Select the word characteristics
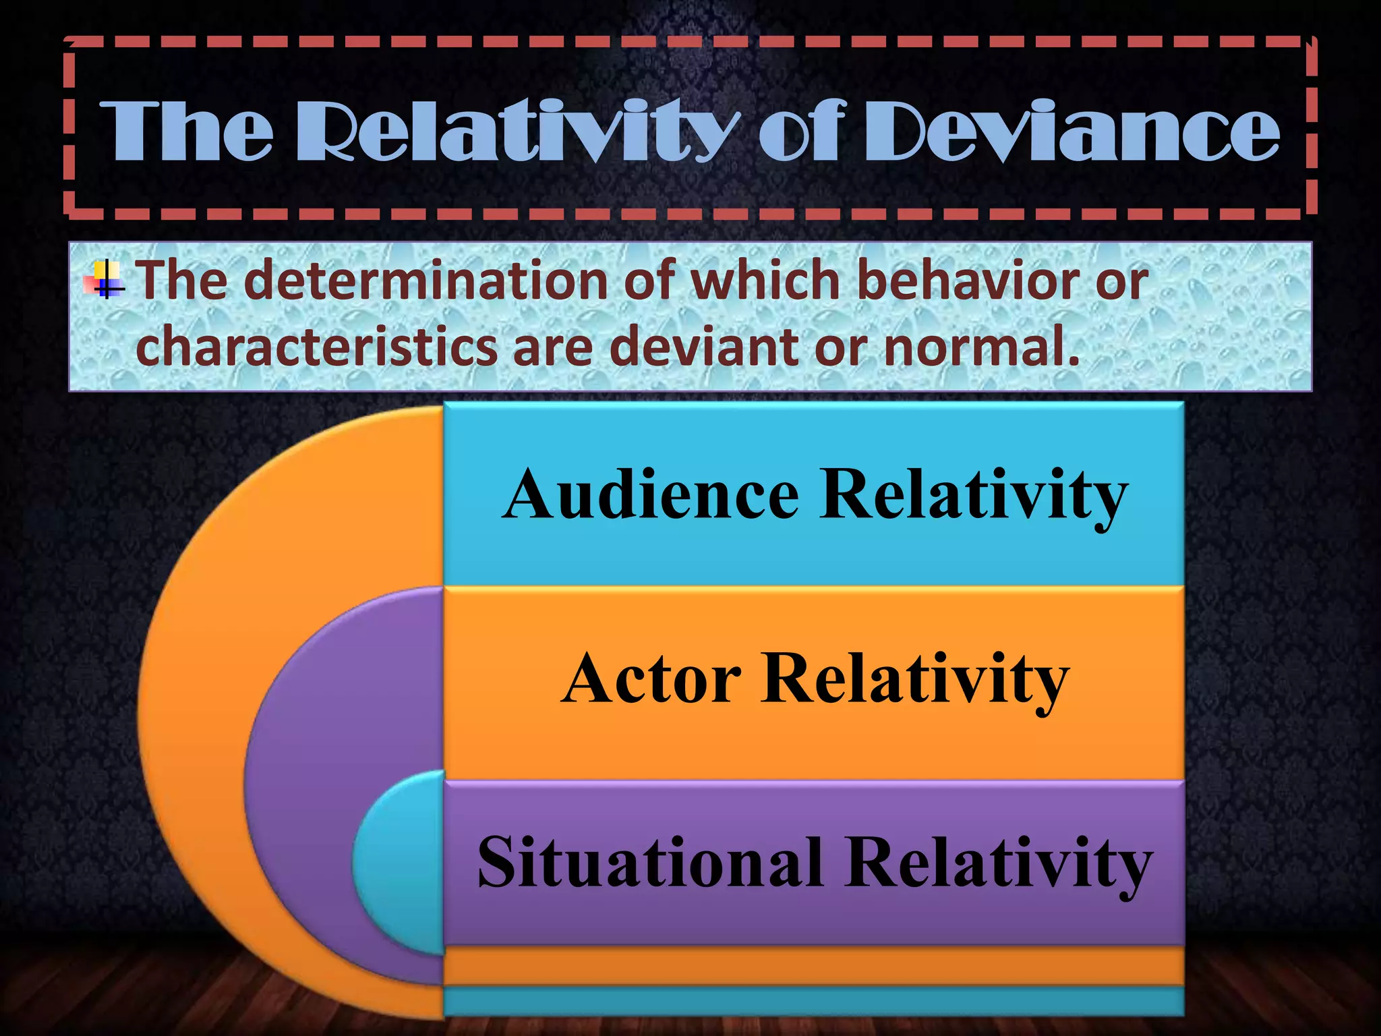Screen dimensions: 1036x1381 click(316, 346)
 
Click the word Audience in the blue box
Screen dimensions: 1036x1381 click(651, 496)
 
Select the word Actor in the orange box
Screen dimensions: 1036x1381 click(651, 679)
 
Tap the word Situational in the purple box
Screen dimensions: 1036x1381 click(650, 863)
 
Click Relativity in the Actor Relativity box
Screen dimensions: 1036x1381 click(914, 679)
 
